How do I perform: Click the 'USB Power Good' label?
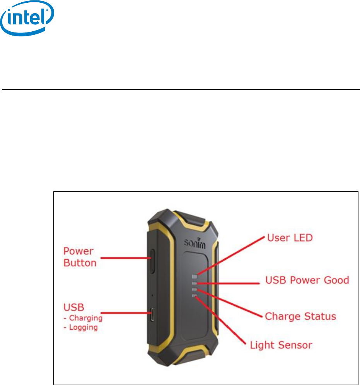point(307,280)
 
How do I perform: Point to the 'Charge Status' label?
point(300,317)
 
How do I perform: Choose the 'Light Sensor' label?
point(281,345)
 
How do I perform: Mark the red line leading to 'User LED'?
point(232,255)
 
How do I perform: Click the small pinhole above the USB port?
point(152,295)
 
